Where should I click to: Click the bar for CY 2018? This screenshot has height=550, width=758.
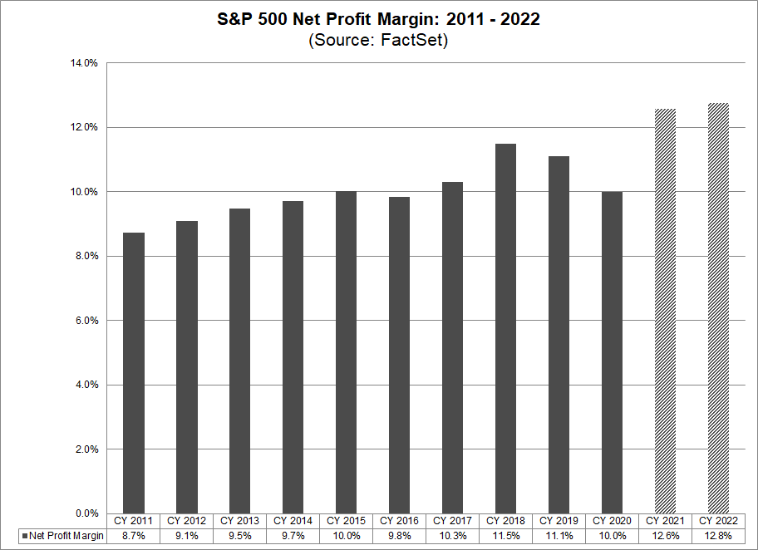click(x=505, y=328)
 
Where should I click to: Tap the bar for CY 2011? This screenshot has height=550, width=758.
click(x=133, y=373)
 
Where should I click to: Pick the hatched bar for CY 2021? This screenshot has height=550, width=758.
click(x=665, y=311)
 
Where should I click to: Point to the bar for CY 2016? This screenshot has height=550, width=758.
click(x=399, y=355)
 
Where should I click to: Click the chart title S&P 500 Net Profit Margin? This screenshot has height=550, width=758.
click(x=378, y=19)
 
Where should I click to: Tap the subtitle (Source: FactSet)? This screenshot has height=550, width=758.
click(x=378, y=41)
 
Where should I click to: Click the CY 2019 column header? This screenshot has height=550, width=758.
click(x=559, y=521)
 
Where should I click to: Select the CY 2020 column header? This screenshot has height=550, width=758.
click(x=612, y=521)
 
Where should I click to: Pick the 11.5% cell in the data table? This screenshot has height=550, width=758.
click(x=505, y=536)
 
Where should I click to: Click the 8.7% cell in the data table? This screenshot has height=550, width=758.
click(x=133, y=536)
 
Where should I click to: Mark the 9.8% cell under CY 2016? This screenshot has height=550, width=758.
click(x=399, y=536)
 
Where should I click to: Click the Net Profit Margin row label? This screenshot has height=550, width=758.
click(x=66, y=536)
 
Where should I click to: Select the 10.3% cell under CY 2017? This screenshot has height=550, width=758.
click(x=452, y=536)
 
